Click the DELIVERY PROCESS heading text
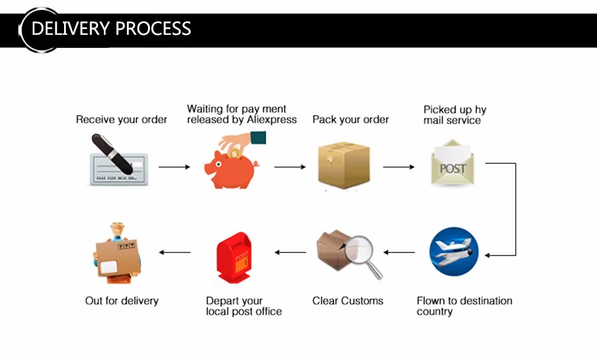coord(111,29)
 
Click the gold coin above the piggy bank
coord(234,152)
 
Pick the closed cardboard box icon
coord(344,165)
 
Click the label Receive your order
coord(121,119)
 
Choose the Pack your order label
coord(350,119)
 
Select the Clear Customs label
coord(348,301)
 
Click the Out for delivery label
coord(122,301)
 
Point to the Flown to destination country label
coord(464,306)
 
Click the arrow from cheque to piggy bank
coord(174,167)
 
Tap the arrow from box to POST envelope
coord(399,167)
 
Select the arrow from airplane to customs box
coord(399,252)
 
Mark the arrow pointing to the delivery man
coord(175,252)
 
